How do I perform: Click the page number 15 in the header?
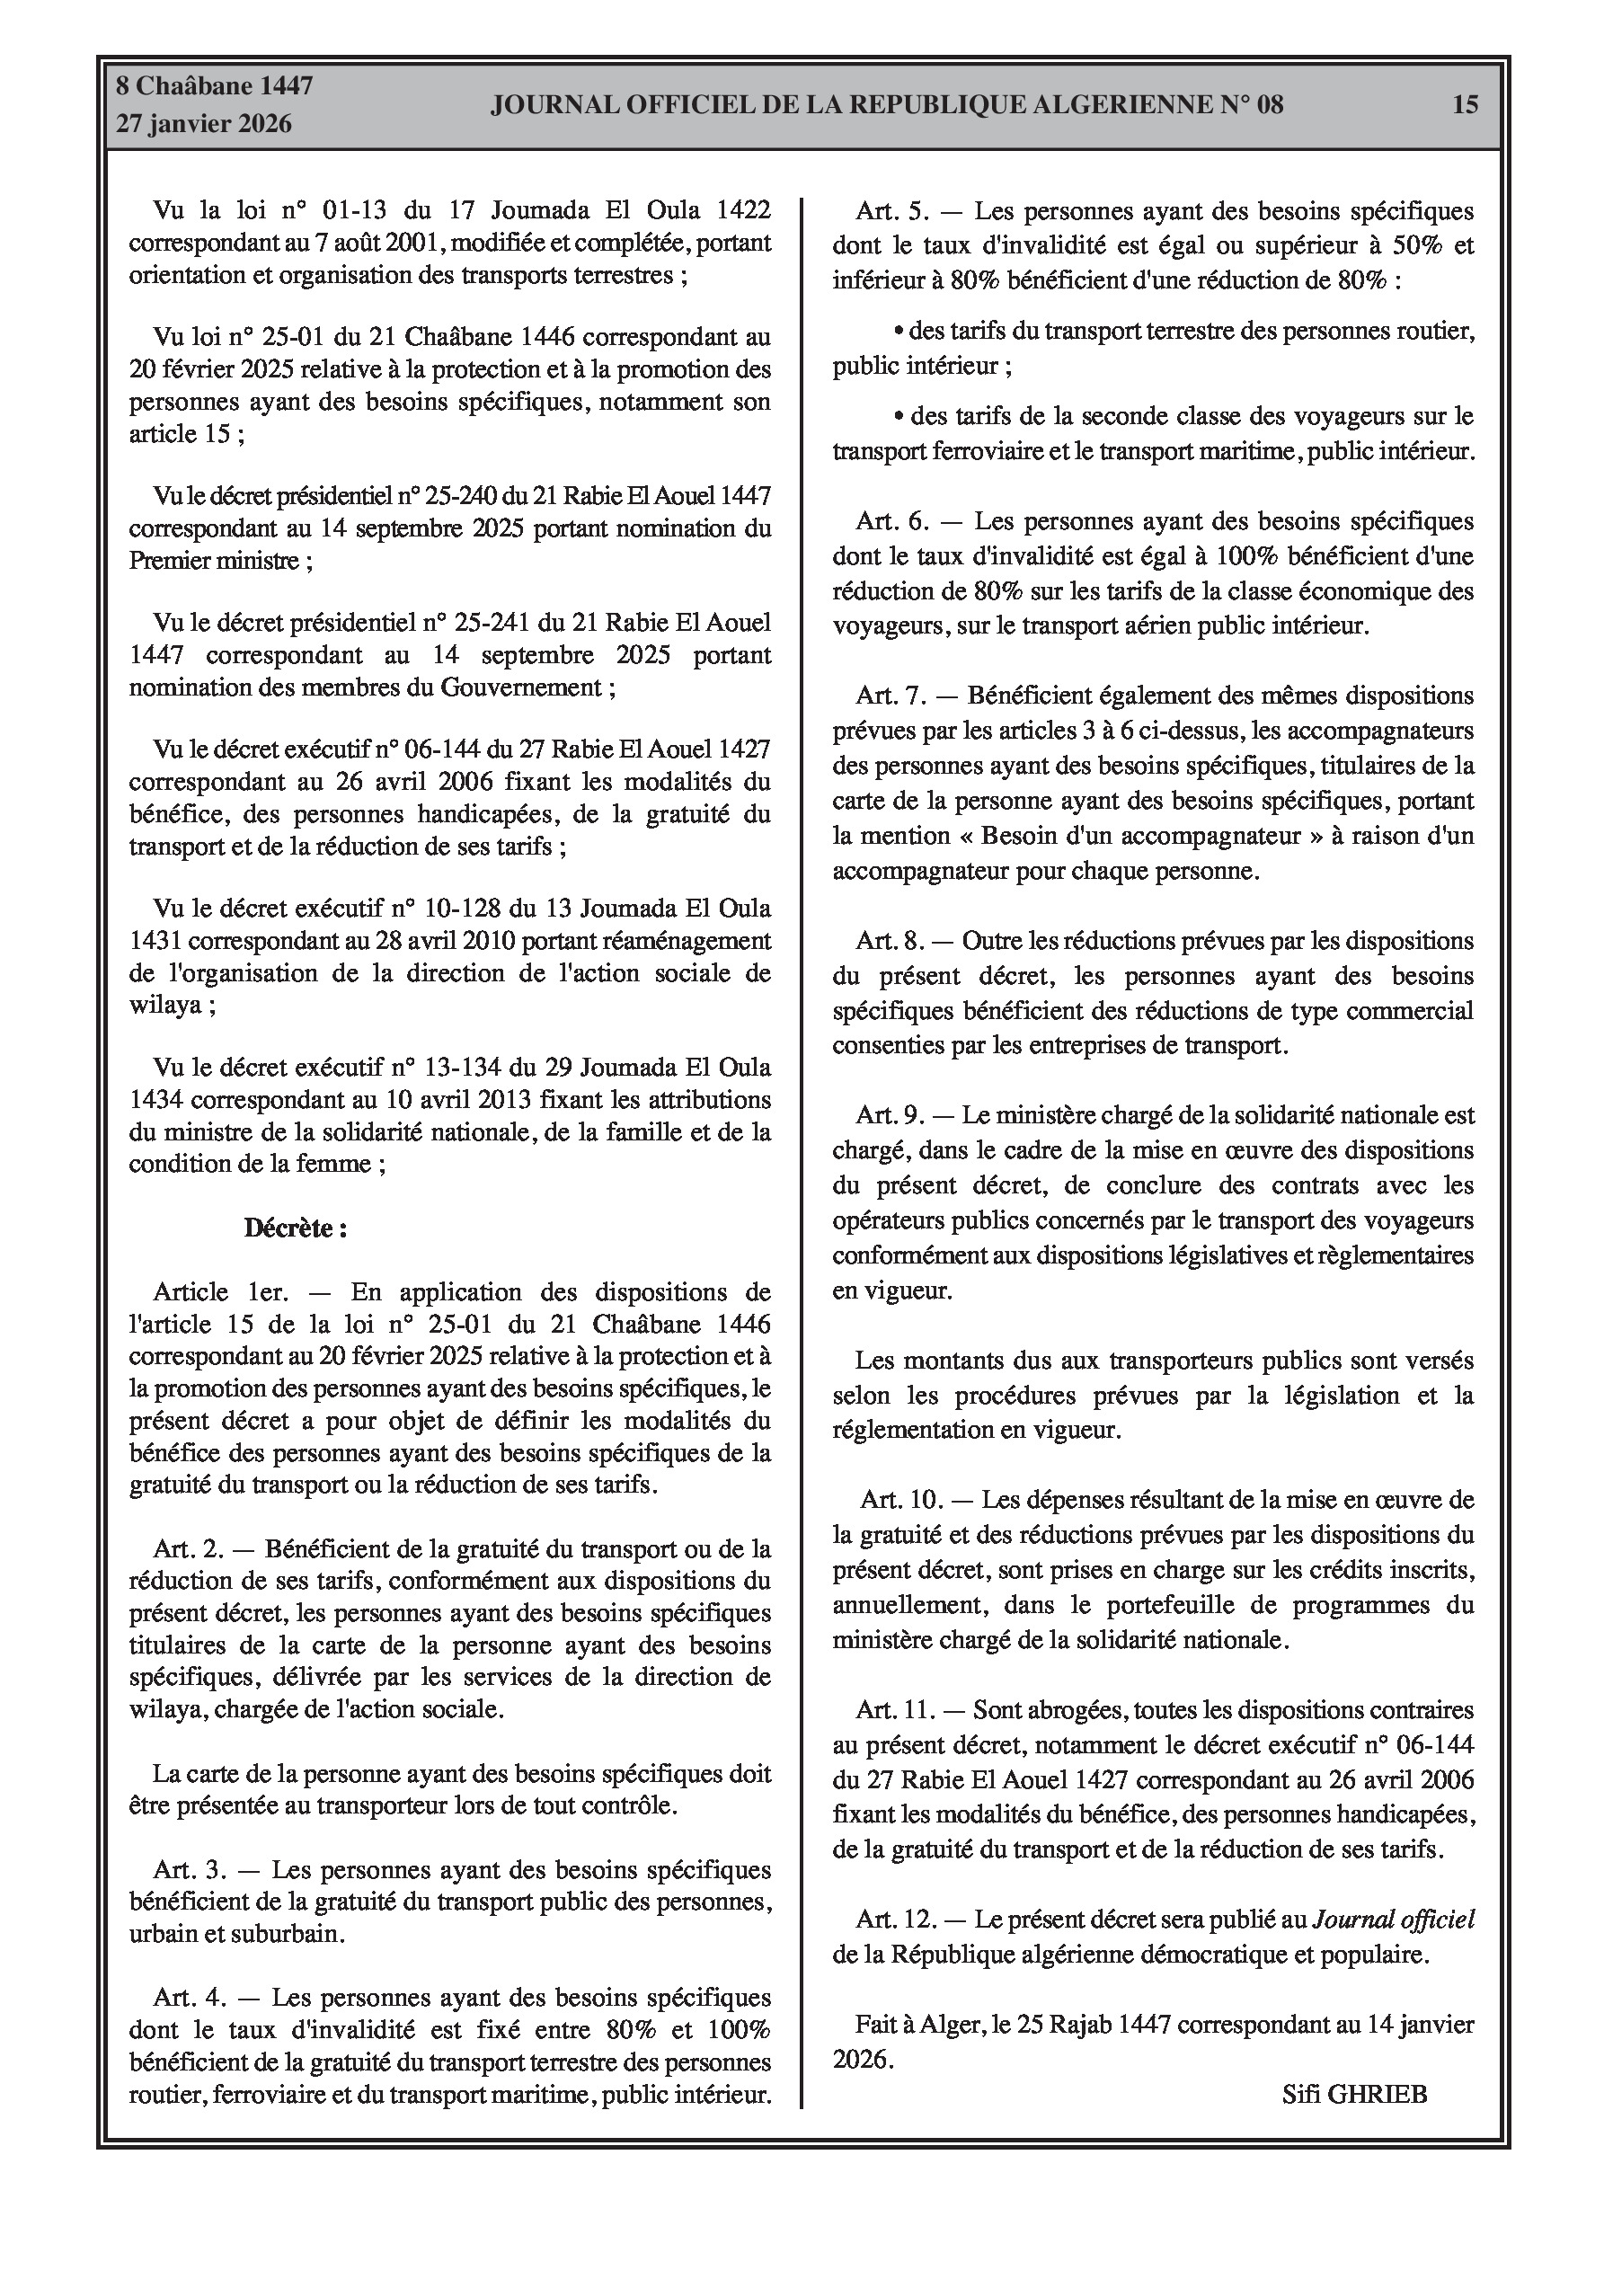(x=1465, y=104)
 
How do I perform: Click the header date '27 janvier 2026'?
(x=204, y=124)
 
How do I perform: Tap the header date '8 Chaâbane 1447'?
(x=215, y=86)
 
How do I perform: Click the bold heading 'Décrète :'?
(x=295, y=1229)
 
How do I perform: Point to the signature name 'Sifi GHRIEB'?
(x=1354, y=2094)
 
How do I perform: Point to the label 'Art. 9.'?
(x=889, y=1115)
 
